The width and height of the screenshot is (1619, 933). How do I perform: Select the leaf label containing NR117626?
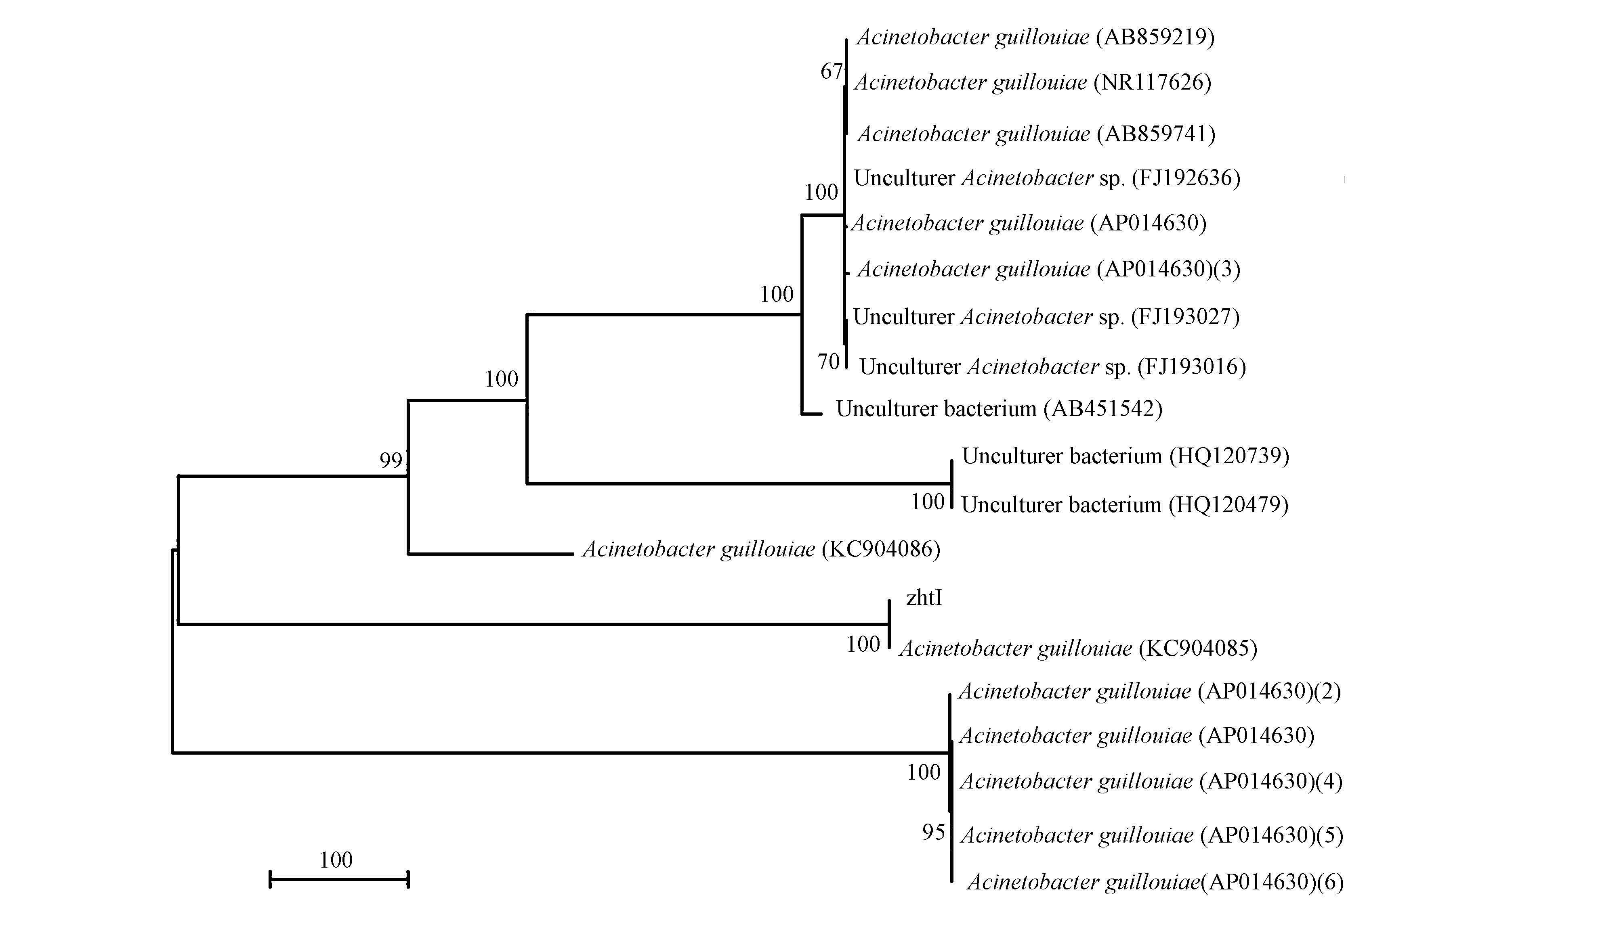pos(1032,82)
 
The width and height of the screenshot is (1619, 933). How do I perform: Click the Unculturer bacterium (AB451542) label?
pos(999,408)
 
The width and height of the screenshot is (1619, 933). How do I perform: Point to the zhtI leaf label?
pos(924,598)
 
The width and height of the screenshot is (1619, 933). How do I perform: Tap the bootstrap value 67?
pos(831,71)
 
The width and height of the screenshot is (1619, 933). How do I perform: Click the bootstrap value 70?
pos(828,362)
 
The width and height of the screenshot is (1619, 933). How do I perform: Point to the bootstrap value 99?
pos(391,460)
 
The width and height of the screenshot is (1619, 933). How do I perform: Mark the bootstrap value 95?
pos(934,832)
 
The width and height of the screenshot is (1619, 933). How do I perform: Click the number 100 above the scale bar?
pos(336,859)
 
